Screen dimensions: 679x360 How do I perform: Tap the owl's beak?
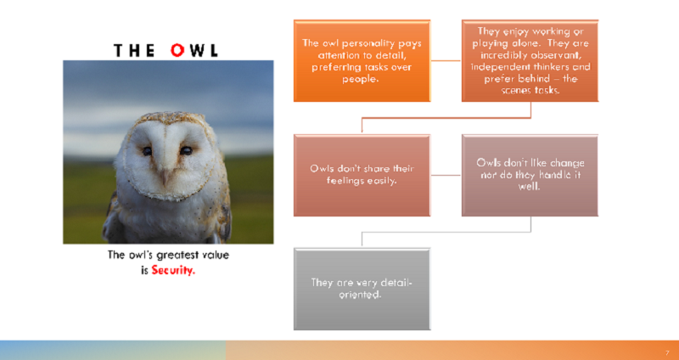[x=166, y=176]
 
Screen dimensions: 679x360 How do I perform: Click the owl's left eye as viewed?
[x=147, y=151]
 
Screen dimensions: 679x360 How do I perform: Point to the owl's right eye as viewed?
[x=186, y=150]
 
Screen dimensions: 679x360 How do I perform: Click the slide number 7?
[x=667, y=353]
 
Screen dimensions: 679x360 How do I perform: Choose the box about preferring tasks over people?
[x=362, y=60]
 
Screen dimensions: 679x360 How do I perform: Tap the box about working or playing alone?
[x=530, y=60]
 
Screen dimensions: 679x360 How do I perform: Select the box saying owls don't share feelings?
[x=362, y=175]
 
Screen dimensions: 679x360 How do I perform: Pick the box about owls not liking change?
[x=530, y=175]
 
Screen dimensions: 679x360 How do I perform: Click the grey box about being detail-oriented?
[x=362, y=289]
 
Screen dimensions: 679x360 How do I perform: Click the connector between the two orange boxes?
[x=446, y=60]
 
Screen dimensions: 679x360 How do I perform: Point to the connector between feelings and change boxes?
[x=446, y=176]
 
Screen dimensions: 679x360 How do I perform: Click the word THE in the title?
[x=134, y=51]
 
